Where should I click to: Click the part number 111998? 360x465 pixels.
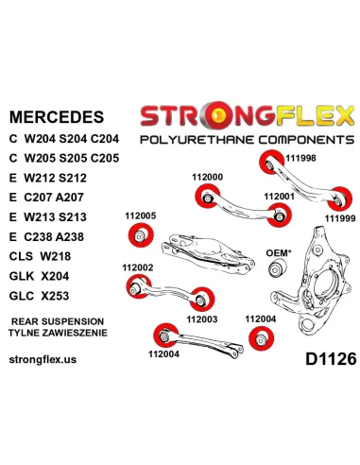click(300, 158)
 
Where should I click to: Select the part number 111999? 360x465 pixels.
click(340, 218)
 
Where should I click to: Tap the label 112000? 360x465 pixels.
click(207, 178)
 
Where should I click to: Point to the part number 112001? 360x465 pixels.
click(279, 197)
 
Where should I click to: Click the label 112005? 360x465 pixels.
click(141, 216)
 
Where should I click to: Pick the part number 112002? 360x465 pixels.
click(138, 267)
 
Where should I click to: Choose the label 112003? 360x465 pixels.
click(202, 319)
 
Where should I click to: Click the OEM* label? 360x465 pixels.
click(279, 253)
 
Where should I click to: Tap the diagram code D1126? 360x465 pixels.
click(331, 359)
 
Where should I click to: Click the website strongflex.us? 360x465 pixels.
click(43, 359)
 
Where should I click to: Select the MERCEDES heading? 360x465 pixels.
click(57, 117)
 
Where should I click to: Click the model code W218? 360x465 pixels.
click(55, 256)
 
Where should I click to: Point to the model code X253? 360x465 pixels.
click(55, 296)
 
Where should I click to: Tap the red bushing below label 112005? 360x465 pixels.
click(141, 235)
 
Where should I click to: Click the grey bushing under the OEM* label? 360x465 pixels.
click(277, 268)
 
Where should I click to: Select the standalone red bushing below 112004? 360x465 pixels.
click(261, 338)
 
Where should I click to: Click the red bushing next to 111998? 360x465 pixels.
click(271, 163)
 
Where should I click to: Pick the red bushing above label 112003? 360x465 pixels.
click(202, 300)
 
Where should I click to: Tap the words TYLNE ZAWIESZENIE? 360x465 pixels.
click(58, 333)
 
